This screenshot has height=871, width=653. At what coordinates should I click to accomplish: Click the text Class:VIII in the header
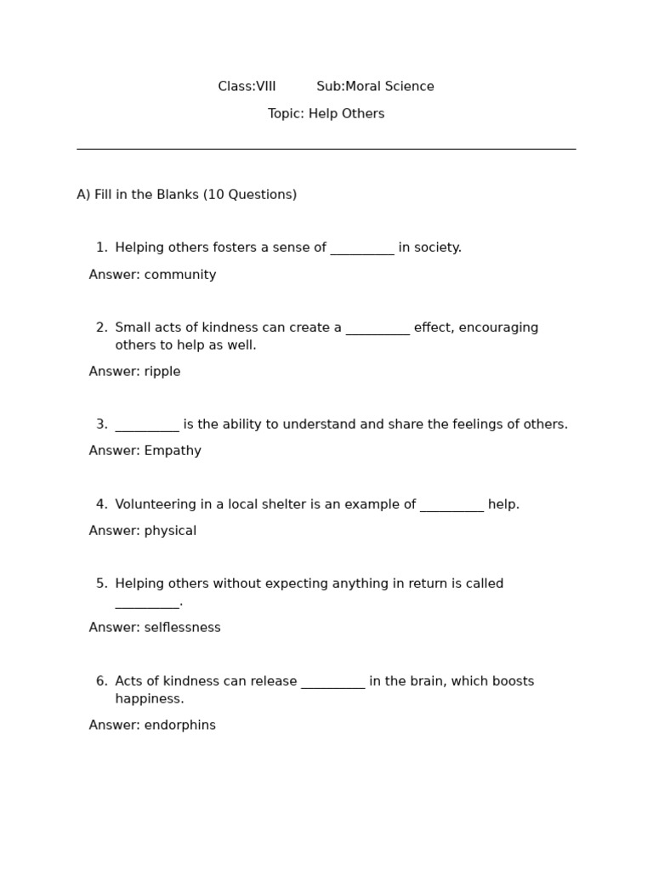[x=247, y=87]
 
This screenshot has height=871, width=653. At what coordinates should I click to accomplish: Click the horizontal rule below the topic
[x=326, y=149]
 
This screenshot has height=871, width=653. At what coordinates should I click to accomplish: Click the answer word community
[x=180, y=275]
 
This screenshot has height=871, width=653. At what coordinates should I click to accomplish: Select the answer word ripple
[x=162, y=372]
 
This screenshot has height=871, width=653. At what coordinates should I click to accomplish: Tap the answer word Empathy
[x=173, y=451]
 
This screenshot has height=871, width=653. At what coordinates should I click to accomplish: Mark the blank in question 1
[x=362, y=250]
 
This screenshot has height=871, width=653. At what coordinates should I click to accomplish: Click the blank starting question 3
[x=147, y=427]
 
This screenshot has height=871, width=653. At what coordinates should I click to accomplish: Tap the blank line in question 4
[x=451, y=507]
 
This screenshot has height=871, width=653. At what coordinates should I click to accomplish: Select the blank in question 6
[x=333, y=684]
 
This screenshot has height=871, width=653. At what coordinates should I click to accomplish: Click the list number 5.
[x=101, y=584]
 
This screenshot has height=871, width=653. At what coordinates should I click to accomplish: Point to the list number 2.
[x=101, y=327]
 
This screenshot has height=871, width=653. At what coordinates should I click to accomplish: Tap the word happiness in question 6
[x=150, y=699]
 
